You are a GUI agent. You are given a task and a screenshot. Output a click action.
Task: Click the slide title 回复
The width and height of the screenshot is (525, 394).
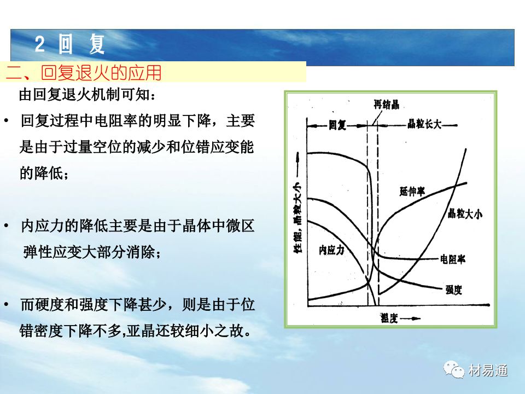(81, 44)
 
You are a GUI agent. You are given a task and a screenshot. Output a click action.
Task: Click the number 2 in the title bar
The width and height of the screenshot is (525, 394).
(39, 44)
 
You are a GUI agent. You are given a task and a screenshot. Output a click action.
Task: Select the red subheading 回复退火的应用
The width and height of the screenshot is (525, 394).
(102, 72)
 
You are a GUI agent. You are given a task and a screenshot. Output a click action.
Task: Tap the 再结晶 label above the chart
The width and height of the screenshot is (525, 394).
(387, 105)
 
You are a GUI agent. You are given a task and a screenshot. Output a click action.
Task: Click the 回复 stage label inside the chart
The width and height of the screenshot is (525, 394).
(337, 125)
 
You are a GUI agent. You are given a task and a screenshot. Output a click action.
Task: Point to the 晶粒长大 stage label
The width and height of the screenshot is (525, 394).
(424, 124)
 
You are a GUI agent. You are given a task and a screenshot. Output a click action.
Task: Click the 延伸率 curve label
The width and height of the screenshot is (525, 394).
(412, 192)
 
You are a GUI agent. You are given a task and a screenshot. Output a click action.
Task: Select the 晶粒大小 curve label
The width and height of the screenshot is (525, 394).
(465, 213)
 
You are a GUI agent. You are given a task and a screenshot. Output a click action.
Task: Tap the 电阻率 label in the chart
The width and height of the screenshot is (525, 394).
(453, 259)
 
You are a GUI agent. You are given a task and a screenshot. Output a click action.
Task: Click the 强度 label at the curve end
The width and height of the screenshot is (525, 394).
(454, 289)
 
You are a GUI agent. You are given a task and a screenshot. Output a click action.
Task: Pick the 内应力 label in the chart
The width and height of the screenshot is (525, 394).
(331, 250)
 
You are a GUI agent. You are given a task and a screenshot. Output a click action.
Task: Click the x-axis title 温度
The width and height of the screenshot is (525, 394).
(389, 318)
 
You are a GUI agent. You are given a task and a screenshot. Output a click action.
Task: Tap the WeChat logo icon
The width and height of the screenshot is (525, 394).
(454, 369)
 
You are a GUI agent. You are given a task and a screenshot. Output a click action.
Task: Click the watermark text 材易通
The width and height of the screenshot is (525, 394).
(488, 370)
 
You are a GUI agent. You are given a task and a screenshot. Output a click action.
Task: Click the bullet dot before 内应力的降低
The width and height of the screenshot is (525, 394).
(7, 226)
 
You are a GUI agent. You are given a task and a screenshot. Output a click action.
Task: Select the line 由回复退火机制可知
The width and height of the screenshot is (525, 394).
(87, 95)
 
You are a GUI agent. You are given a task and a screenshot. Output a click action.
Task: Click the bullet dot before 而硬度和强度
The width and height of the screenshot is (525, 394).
(7, 305)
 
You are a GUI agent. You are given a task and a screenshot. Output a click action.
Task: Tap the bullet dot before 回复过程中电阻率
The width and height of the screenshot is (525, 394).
(7, 120)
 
